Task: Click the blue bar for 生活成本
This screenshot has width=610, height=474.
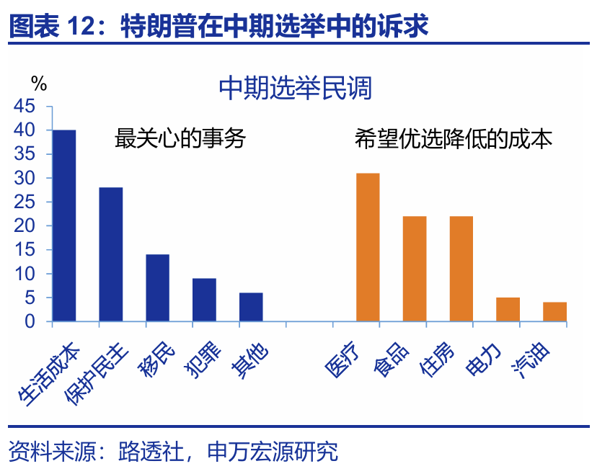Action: (64, 225)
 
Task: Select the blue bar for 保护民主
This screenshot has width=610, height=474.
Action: (111, 254)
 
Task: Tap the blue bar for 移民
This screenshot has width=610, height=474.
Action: (157, 287)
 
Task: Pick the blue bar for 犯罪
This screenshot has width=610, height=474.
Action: (204, 300)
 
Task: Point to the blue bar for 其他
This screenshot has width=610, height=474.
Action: (251, 307)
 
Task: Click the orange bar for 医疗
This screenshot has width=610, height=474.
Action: (368, 247)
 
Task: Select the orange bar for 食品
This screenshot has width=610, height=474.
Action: (415, 269)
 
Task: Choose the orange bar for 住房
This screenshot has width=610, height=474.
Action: (461, 269)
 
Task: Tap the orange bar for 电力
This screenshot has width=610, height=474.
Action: (508, 309)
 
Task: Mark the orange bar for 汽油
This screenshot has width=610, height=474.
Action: (554, 311)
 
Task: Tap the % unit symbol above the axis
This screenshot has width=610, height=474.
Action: (39, 84)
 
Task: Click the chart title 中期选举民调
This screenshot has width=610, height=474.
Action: (295, 89)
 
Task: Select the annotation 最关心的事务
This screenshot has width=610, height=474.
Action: (180, 138)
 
